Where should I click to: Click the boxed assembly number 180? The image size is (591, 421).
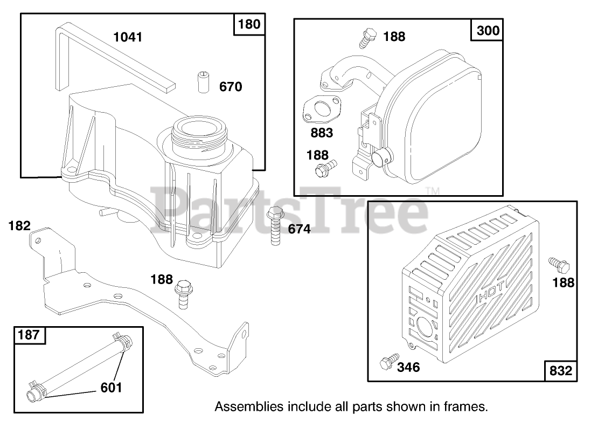pyautogui.click(x=248, y=24)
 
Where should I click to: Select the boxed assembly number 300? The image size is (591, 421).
pyautogui.click(x=488, y=30)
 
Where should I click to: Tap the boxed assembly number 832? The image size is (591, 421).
pyautogui.click(x=560, y=370)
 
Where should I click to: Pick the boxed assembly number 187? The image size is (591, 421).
pyautogui.click(x=29, y=335)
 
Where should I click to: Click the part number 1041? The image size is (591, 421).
pyautogui.click(x=128, y=37)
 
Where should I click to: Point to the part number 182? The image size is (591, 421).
pyautogui.click(x=19, y=226)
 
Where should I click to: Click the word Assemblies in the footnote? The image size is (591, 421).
pyautogui.click(x=242, y=406)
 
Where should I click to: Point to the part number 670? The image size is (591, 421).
pyautogui.click(x=231, y=86)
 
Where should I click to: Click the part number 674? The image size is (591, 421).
pyautogui.click(x=299, y=229)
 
